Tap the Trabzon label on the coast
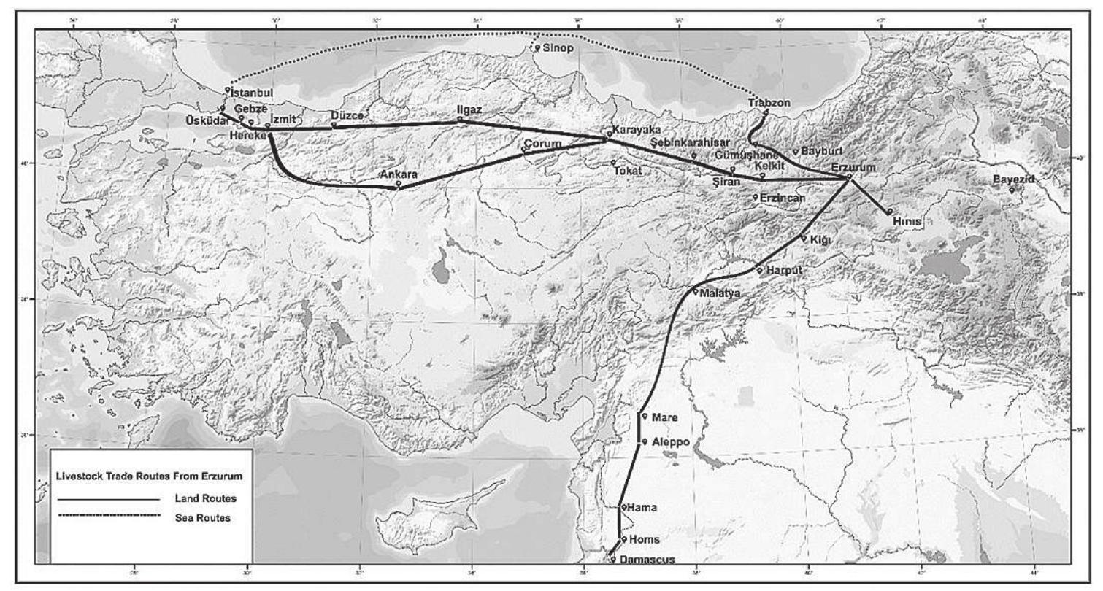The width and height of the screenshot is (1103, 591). [x=769, y=104]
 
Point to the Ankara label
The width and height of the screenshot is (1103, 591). [x=399, y=175]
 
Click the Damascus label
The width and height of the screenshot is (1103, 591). [x=642, y=560]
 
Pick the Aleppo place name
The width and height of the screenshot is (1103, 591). [x=670, y=442]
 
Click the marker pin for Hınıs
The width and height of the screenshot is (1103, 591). [x=890, y=211]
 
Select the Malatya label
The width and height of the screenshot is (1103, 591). [x=720, y=293]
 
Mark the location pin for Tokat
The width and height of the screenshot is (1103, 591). [x=614, y=162]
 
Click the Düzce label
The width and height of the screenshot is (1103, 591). [x=347, y=116]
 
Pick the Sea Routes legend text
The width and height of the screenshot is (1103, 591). [x=204, y=517]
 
